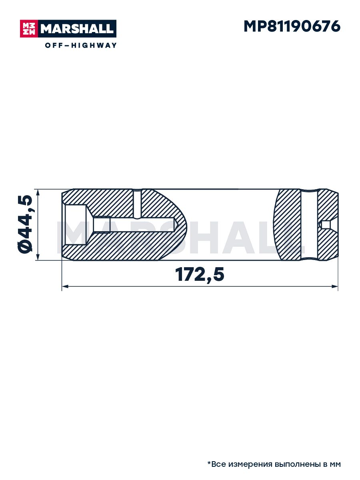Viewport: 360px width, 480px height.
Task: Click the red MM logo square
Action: (x=29, y=29)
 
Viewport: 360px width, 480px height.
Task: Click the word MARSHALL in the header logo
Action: (x=77, y=29)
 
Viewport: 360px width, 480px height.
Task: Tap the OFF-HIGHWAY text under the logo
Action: (x=81, y=45)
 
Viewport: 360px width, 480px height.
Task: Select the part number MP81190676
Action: (x=292, y=26)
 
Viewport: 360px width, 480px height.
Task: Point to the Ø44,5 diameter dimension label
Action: (x=24, y=224)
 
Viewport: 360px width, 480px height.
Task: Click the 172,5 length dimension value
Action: (x=200, y=275)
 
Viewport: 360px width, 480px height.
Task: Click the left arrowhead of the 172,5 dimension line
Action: (x=65, y=286)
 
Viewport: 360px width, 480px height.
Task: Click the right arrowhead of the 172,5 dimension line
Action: (x=335, y=286)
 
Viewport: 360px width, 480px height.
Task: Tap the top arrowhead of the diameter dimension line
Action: (x=38, y=193)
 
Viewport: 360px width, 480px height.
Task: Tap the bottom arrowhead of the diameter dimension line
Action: (x=38, y=257)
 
